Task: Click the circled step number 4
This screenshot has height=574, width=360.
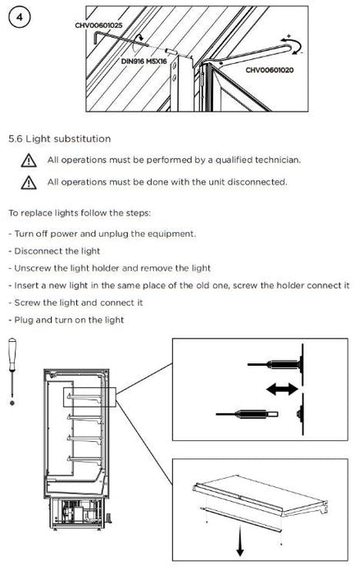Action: [x=20, y=17]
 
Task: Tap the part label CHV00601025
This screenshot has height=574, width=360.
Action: [x=98, y=25]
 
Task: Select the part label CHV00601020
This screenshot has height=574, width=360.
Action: [x=269, y=70]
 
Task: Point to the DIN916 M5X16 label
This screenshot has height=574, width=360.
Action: [x=144, y=61]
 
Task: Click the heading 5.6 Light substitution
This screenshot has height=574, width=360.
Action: [x=59, y=139]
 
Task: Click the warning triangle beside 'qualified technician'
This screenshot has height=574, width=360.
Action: [x=29, y=161]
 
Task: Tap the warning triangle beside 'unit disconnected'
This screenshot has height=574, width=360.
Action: [x=29, y=182]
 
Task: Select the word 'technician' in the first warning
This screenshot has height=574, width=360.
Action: [x=278, y=160]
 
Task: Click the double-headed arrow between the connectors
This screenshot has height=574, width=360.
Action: [x=282, y=389]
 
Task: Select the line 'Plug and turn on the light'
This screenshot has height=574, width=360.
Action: [x=66, y=320]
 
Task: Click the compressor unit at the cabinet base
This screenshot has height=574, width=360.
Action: [x=78, y=512]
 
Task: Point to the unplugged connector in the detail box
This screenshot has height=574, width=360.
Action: [x=247, y=414]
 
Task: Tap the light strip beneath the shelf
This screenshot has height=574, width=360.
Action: [x=241, y=519]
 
